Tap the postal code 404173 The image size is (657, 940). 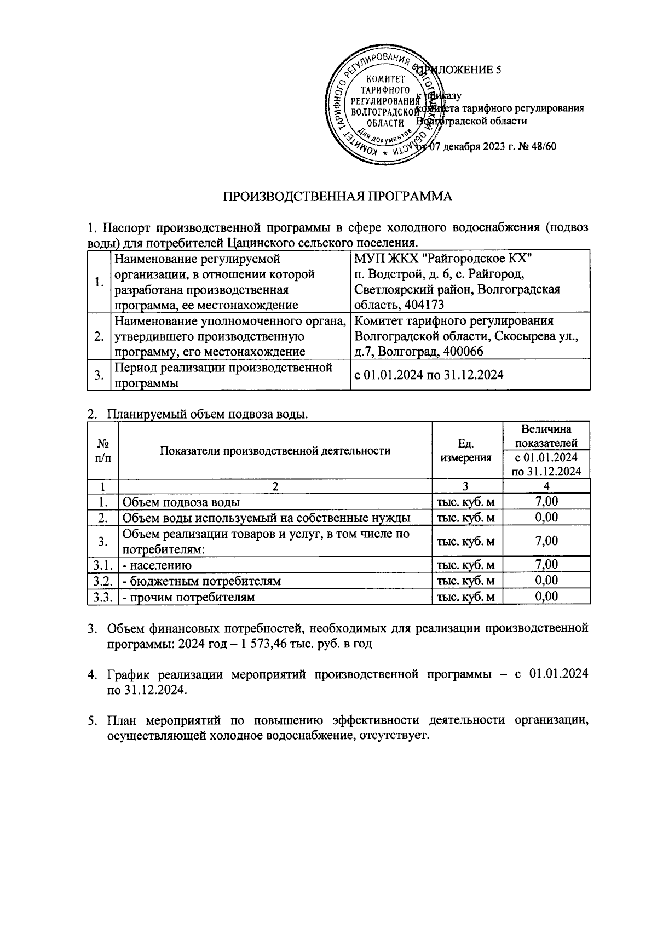(424, 305)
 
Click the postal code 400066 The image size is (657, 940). (464, 351)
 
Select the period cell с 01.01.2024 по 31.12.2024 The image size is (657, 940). (429, 375)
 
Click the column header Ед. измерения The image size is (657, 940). (466, 450)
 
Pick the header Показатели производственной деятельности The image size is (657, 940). (275, 450)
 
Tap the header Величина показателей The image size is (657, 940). (546, 435)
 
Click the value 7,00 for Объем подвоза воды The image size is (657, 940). (546, 501)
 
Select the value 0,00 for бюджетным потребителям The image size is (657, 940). (546, 580)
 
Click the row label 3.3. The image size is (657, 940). (102, 597)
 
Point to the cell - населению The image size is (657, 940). (157, 565)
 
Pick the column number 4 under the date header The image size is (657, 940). (546, 486)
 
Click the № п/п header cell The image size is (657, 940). (102, 450)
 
